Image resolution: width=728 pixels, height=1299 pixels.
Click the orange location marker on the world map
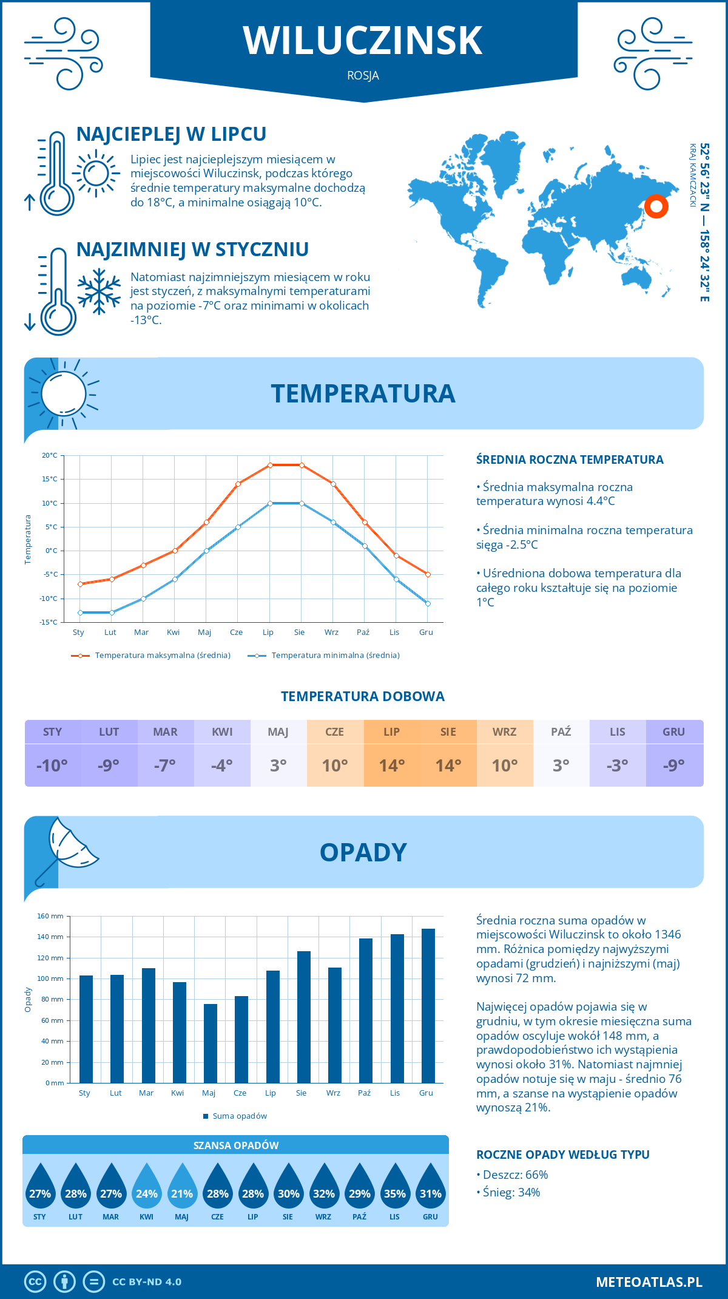tap(656, 206)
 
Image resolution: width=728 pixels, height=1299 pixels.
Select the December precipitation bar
tap(428, 1005)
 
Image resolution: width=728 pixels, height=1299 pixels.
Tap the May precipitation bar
tap(211, 1043)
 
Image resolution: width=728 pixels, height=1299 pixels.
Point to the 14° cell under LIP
tap(392, 765)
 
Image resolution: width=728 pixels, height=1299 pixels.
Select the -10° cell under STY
tap(52, 765)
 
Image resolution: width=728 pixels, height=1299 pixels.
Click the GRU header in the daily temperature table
tap(673, 731)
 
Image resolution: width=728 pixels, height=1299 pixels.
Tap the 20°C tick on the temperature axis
tap(50, 455)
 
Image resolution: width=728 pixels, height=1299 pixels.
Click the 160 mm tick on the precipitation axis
tap(51, 916)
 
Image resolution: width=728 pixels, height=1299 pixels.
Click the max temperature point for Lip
tap(270, 465)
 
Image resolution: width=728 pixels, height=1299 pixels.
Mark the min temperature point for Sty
tap(80, 612)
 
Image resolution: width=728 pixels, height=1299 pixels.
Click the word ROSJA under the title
tap(363, 76)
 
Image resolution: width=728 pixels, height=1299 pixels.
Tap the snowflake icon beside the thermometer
tap(99, 292)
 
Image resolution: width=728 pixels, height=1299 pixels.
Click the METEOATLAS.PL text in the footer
tap(649, 1282)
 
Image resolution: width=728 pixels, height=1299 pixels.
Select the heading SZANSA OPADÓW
tap(236, 1145)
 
